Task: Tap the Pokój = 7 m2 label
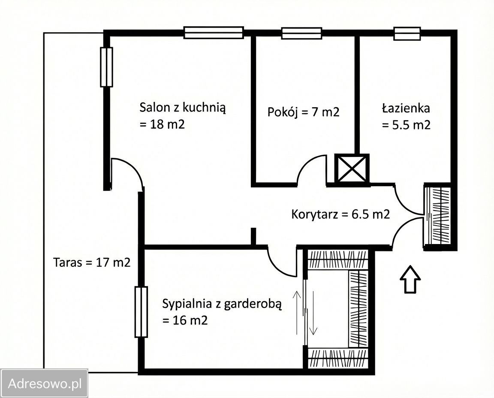coord(303,112)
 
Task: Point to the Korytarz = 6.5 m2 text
coord(340,214)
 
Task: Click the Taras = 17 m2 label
coord(92,262)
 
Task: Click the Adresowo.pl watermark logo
coord(44,383)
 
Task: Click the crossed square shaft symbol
coord(352,169)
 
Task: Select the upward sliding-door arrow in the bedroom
coord(296,312)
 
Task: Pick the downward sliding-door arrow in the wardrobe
coord(313,312)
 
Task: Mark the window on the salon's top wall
coord(214,33)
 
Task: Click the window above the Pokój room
coord(301,33)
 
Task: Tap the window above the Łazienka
coord(407,33)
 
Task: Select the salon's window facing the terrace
coord(106,67)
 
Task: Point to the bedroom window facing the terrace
coord(141,312)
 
